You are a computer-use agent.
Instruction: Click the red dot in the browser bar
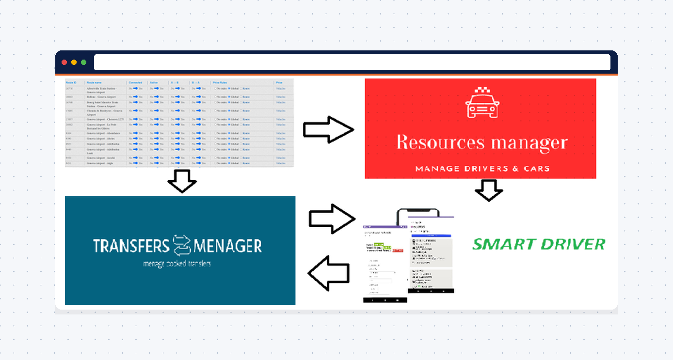point(64,63)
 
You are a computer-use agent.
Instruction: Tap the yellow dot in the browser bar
point(74,63)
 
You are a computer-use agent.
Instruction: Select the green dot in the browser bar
point(83,63)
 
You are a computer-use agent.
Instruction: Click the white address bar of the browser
point(352,63)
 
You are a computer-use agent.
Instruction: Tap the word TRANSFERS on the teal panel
point(131,246)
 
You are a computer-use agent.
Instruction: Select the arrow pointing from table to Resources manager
point(328,129)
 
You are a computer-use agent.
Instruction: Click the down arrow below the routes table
point(182,182)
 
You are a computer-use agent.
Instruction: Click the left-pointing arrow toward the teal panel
point(328,273)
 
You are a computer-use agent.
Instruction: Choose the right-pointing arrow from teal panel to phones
point(332,219)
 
